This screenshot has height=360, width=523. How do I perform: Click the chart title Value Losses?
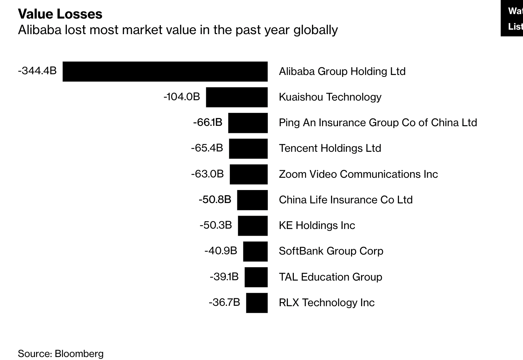click(x=60, y=14)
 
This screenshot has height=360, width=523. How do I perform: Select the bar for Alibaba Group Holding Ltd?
click(x=165, y=71)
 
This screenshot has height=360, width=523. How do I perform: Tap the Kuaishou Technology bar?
click(x=237, y=97)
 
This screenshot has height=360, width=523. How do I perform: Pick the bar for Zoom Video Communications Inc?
click(x=248, y=174)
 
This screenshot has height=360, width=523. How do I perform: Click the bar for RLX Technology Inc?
click(x=257, y=303)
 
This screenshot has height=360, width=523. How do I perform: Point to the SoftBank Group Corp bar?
click(x=255, y=251)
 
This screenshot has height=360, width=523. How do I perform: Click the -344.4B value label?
click(x=37, y=71)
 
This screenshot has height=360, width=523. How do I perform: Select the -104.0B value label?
click(x=182, y=96)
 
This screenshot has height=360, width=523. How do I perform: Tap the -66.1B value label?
click(x=208, y=122)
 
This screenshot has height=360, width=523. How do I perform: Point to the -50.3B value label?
click(x=215, y=225)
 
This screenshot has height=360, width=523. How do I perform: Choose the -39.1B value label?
click(x=224, y=276)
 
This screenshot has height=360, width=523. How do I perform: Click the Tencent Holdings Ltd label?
click(x=330, y=148)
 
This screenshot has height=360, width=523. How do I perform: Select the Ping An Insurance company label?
click(x=378, y=122)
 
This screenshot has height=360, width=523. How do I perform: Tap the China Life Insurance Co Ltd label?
click(x=345, y=200)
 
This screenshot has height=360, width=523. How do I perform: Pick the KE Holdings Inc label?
click(x=317, y=225)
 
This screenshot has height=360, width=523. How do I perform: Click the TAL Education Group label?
click(x=330, y=277)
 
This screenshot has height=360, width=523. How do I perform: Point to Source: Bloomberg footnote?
click(x=61, y=354)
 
